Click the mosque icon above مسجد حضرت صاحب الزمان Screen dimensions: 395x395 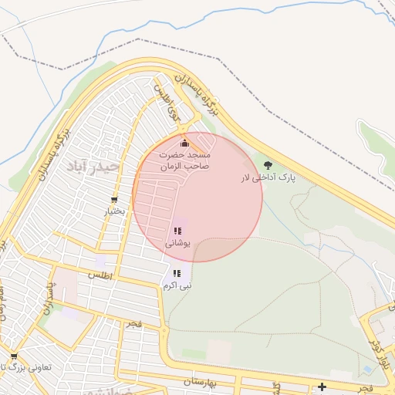point(184,143)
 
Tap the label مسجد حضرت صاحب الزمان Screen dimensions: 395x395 point(184,160)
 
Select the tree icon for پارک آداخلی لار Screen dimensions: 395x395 point(268,165)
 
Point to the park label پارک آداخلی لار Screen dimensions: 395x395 point(268,178)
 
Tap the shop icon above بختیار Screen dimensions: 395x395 point(114,201)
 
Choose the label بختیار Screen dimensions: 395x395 point(114,211)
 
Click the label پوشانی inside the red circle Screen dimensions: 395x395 point(177,243)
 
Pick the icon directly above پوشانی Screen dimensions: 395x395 point(177,231)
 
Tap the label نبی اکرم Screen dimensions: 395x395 point(177,285)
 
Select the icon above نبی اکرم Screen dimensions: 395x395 point(177,273)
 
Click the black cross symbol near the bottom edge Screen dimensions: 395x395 point(322,387)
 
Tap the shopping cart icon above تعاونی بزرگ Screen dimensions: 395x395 point(14,356)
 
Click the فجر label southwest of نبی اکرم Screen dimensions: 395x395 point(135,326)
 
